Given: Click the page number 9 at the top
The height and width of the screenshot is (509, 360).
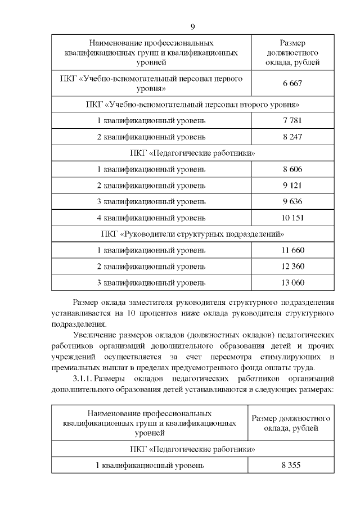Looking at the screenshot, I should click(x=192, y=26).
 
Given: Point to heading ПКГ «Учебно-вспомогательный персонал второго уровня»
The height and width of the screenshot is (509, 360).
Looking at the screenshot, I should click(x=192, y=104).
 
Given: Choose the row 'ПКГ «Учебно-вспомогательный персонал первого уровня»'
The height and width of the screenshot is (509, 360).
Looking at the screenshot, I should click(x=151, y=84).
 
